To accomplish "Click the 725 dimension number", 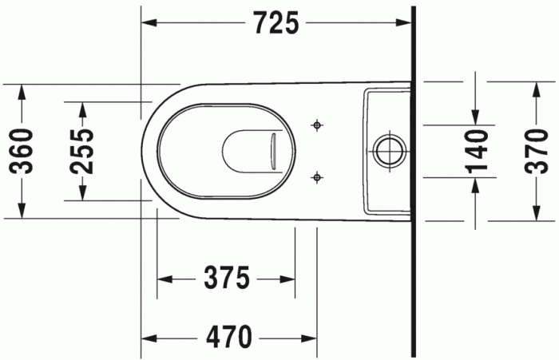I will coord(276,24).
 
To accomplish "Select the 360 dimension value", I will coord(22,150).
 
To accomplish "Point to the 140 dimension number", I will coord(476,151).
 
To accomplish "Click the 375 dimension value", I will coord(227,279).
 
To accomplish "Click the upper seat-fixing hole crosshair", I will coord(317,125).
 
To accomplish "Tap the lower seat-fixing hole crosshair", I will coord(317,176).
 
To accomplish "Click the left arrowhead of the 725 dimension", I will coord(149,24).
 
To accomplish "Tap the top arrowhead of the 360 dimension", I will coord(22,89).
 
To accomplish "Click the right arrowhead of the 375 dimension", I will coord(288,279).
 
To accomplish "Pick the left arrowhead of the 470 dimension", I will coord(149,336).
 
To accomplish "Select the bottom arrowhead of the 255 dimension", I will coord(81,193).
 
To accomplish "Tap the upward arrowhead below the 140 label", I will coord(476,184).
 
